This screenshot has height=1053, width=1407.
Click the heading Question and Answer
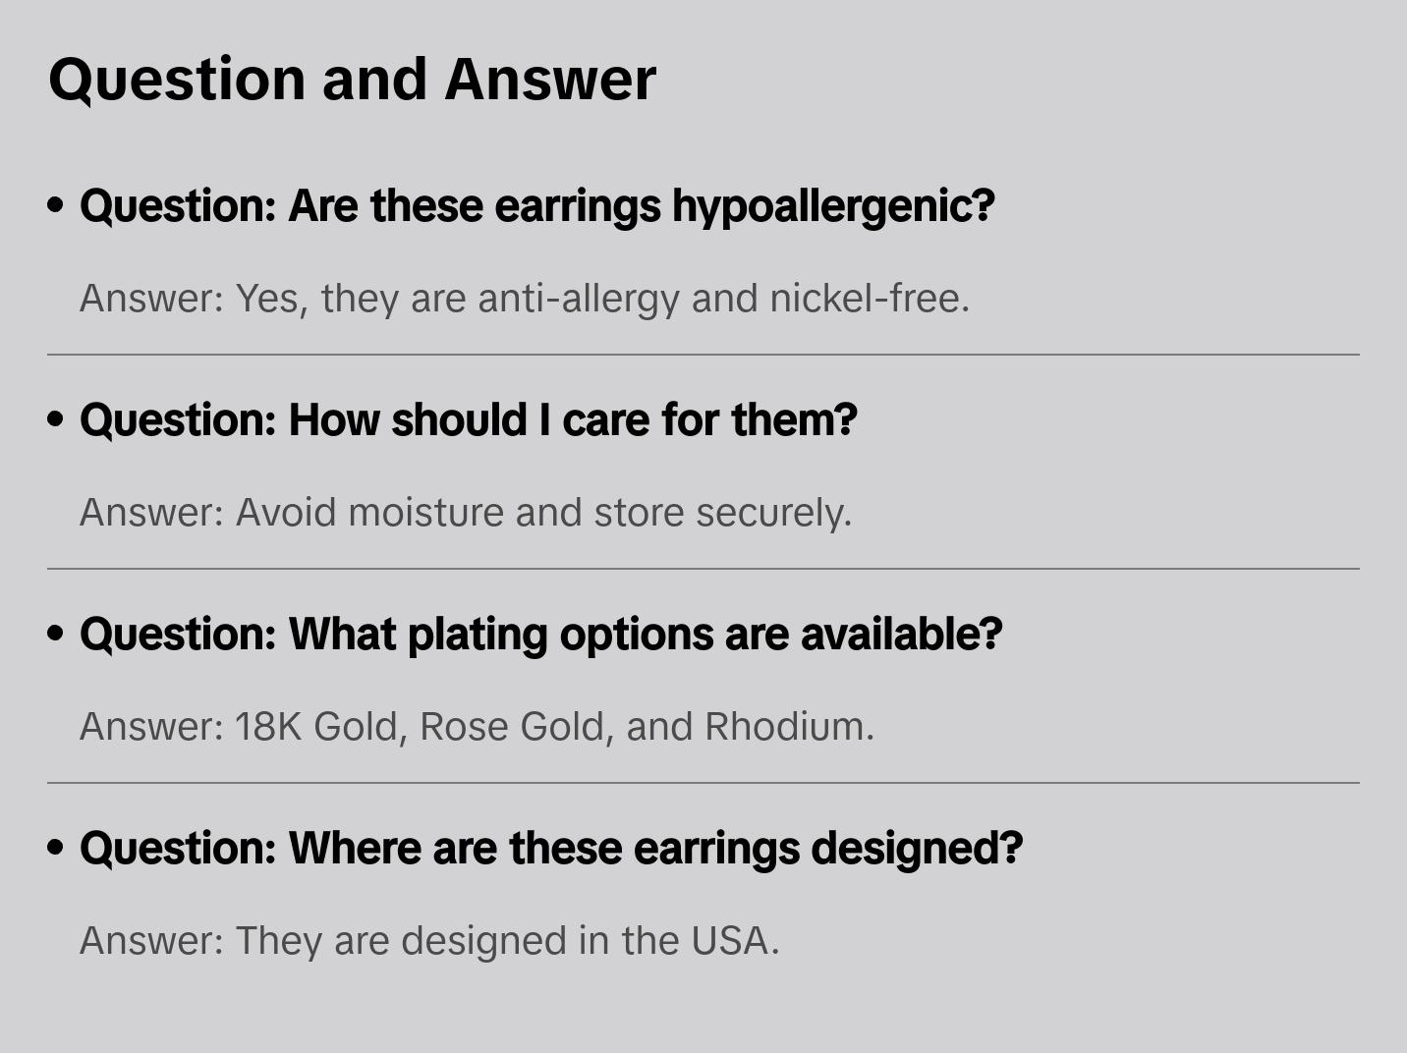[352, 79]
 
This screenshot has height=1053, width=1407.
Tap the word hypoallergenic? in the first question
[833, 206]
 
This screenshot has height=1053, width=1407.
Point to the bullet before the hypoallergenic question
[56, 205]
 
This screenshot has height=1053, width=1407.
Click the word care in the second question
[605, 420]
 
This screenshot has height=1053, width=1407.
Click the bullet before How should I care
[56, 419]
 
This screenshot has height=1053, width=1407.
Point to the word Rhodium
[784, 727]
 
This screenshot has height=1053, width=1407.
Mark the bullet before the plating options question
[56, 634]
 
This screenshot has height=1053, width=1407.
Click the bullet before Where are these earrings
[56, 848]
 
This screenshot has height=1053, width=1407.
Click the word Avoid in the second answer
[286, 513]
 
